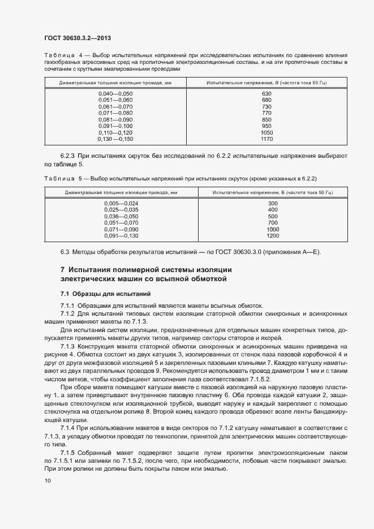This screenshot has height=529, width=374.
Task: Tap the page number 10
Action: [47, 481]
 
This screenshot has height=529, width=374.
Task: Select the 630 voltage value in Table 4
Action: [267, 93]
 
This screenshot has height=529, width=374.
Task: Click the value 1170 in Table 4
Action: [267, 138]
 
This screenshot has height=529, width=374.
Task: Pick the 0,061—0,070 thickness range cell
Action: [115, 106]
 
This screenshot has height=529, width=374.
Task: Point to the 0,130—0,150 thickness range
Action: [115, 138]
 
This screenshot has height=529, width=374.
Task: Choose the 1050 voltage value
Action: [267, 132]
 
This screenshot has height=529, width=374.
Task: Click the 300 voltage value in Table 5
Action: [273, 203]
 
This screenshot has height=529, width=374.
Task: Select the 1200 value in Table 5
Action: [273, 235]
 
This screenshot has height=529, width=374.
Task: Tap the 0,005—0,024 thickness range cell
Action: [121, 203]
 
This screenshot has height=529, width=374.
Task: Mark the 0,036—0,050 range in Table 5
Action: [121, 216]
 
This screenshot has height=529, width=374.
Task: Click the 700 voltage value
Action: [273, 222]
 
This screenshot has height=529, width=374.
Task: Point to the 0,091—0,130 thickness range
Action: [121, 235]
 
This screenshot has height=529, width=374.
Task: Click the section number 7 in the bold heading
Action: [62, 270]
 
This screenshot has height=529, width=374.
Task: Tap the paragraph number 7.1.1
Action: [67, 306]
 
